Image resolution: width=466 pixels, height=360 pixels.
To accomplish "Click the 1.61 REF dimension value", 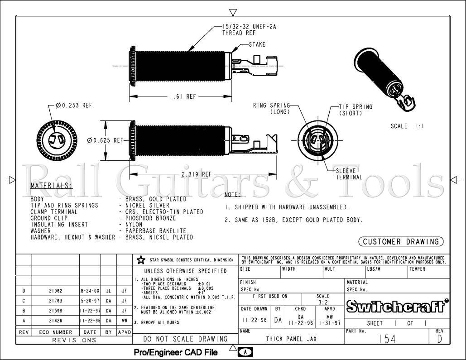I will (x=183, y=96).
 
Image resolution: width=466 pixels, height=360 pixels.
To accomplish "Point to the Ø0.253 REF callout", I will (x=74, y=106).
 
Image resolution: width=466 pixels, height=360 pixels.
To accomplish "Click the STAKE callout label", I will (x=257, y=45).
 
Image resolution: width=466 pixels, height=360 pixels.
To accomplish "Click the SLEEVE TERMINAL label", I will (x=349, y=174).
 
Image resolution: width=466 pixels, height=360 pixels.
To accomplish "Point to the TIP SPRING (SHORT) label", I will (x=356, y=110).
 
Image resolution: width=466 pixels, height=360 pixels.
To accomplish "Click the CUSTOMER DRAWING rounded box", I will (x=401, y=242).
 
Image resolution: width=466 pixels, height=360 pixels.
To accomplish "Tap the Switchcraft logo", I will (x=396, y=307).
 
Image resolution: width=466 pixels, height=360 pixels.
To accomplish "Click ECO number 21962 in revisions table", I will (x=55, y=291).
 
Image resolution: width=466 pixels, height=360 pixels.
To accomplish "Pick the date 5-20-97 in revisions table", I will (x=90, y=301).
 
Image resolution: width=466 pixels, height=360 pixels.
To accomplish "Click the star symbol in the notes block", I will (x=141, y=260).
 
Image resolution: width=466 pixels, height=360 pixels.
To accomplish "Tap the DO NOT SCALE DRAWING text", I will (x=185, y=339).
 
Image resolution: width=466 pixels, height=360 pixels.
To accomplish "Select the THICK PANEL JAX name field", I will (x=291, y=339).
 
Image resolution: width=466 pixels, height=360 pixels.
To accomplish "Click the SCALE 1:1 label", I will (x=407, y=126).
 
